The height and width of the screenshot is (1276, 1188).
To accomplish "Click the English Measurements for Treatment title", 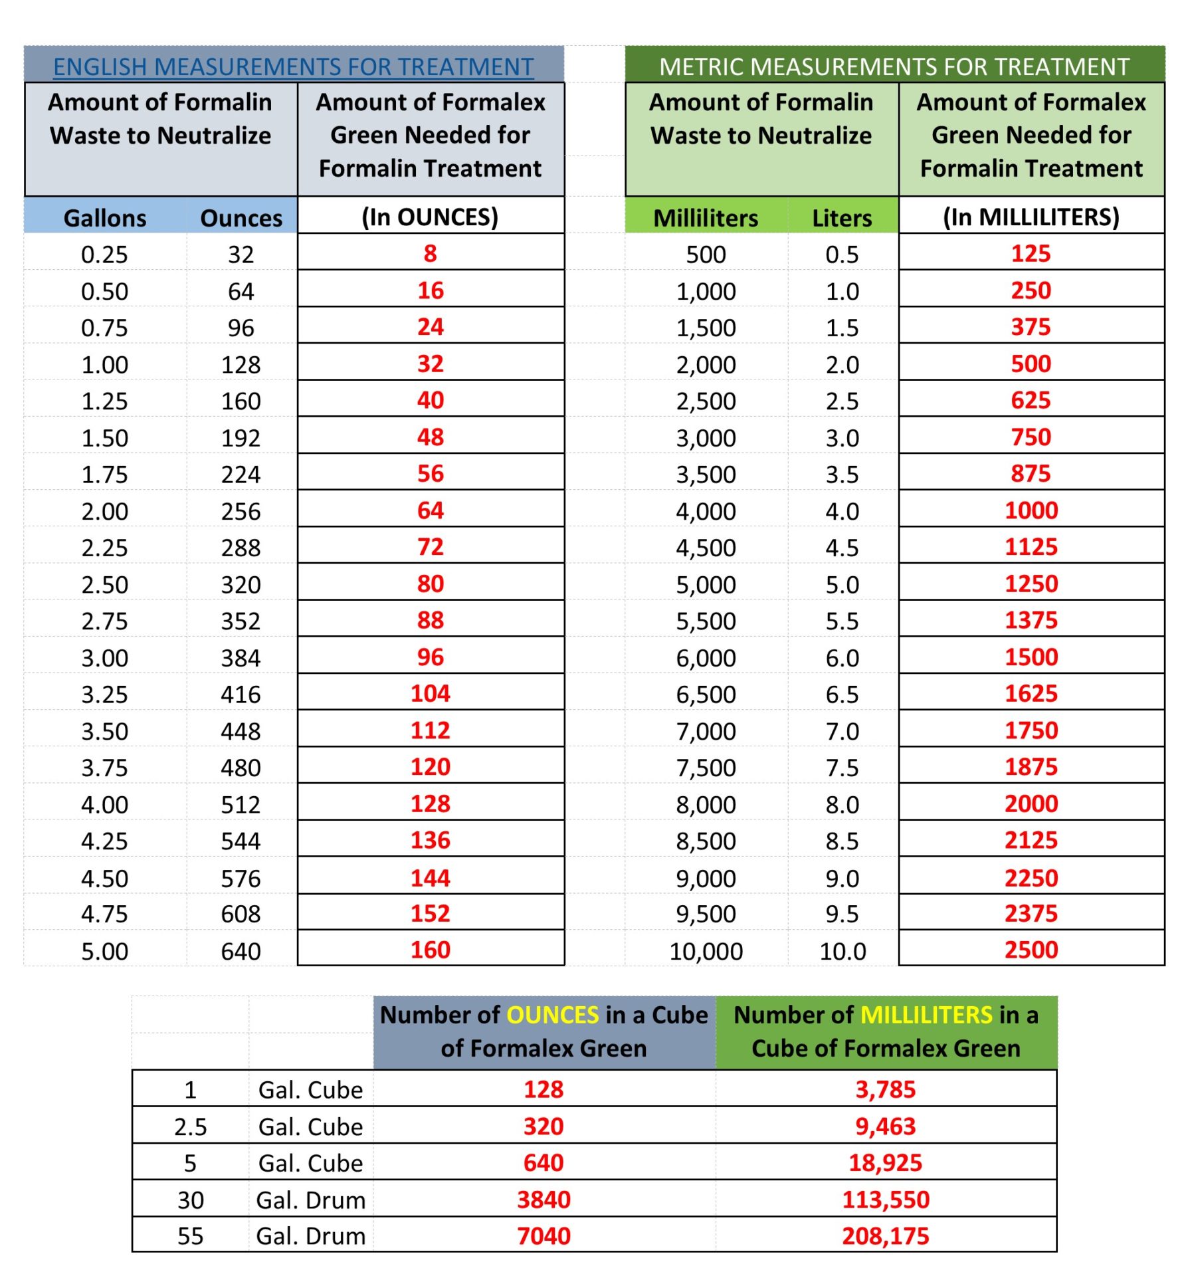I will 293,67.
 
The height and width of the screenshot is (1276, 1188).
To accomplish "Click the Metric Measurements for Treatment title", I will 894,67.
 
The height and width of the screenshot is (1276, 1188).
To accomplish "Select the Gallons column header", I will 105,218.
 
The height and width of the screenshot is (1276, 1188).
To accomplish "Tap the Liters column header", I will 842,218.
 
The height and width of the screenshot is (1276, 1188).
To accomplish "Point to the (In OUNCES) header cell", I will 430,217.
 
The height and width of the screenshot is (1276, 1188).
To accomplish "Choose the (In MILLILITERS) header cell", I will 1031,217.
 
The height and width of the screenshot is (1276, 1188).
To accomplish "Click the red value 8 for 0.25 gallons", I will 430,253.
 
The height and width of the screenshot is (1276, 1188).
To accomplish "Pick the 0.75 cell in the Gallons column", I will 104,328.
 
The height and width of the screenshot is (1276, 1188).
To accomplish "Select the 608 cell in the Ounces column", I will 241,914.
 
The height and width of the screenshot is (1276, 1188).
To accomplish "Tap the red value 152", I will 430,913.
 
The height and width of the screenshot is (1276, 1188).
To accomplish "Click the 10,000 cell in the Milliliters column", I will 706,951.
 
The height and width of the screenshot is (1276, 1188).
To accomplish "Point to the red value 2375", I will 1031,913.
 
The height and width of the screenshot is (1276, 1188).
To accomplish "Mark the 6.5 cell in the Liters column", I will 842,694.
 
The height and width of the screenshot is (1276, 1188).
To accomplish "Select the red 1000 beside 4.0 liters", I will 1031,510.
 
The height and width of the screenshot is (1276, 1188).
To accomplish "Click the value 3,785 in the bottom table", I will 885,1089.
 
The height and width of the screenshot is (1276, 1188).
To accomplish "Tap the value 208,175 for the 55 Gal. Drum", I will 885,1236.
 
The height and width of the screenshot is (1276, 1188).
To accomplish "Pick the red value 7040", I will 544,1236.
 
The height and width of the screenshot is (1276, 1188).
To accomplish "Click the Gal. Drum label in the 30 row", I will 311,1200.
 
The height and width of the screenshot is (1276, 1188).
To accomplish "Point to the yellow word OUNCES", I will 553,1015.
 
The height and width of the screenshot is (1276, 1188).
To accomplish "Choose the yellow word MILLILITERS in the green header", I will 926,1015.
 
